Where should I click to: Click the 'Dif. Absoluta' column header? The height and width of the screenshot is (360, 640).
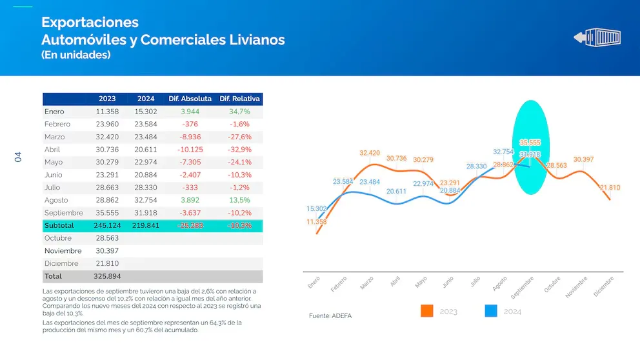(x=190, y=99)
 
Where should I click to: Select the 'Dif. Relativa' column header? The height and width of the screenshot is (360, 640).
(x=239, y=99)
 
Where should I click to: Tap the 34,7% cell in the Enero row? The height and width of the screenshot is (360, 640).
(x=239, y=112)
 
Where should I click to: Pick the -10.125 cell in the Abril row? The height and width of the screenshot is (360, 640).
(x=190, y=149)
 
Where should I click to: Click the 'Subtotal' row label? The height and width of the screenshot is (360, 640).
(x=59, y=226)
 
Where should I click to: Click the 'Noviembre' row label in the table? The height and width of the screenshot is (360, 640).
(x=63, y=250)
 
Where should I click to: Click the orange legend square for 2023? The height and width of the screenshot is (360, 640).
(x=426, y=311)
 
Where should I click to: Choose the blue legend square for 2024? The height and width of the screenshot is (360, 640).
(x=491, y=311)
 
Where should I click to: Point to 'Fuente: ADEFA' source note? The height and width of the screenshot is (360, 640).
(x=331, y=316)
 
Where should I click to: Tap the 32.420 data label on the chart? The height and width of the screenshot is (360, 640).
(x=370, y=153)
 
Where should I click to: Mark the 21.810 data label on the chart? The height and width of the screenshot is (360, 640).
(x=610, y=188)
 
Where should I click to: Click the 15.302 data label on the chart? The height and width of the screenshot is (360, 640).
(x=317, y=208)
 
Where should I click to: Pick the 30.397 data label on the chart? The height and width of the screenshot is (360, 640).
(x=583, y=159)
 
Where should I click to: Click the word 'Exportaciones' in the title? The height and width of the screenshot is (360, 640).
(x=90, y=22)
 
